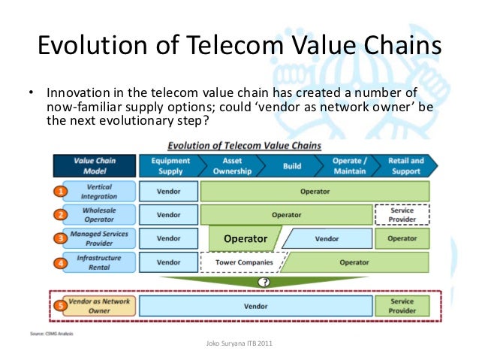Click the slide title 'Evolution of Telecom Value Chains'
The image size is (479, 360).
[239, 47]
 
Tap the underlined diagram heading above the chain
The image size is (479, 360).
[244, 145]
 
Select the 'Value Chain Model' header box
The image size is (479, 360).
[94, 165]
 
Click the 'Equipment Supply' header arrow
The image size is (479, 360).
[170, 165]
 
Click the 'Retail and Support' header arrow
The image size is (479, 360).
[405, 165]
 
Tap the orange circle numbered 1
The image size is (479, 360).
[58, 191]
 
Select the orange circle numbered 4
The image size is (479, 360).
[58, 263]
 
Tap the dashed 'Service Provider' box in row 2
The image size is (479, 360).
[402, 215]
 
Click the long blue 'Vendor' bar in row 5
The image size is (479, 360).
[256, 306]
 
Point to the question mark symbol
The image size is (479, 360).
[264, 282]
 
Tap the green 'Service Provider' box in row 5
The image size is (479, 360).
[402, 306]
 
